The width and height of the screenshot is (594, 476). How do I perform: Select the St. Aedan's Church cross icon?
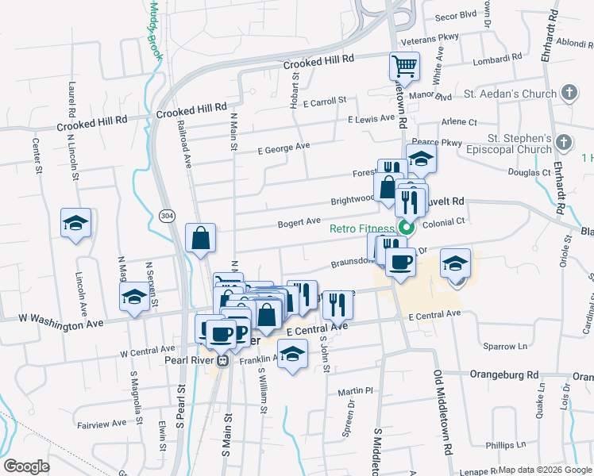pyautogui.click(x=569, y=94)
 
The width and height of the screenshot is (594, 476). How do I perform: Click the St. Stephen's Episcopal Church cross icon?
pyautogui.click(x=564, y=143)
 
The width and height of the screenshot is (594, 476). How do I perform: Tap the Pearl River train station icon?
pyautogui.click(x=223, y=361)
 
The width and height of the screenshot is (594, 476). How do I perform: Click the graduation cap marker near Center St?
pyautogui.click(x=76, y=223)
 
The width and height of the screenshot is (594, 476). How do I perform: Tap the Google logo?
pyautogui.click(x=26, y=466)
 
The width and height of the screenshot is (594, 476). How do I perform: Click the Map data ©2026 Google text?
pyautogui.click(x=546, y=470)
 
